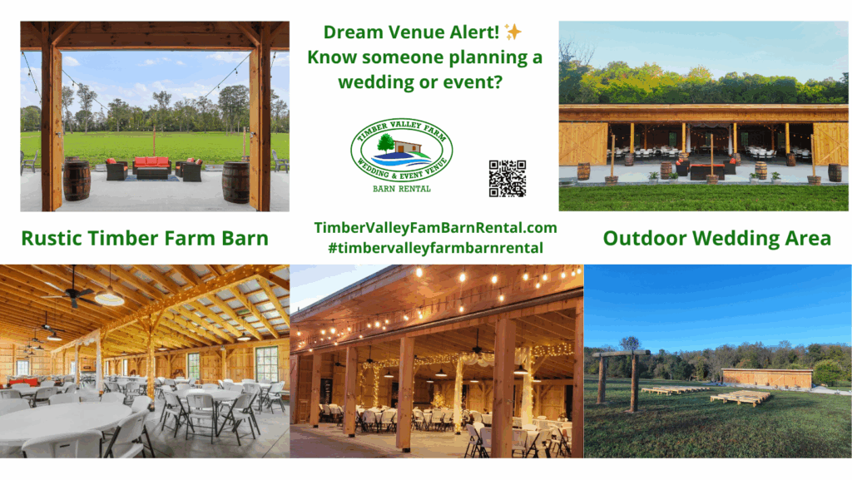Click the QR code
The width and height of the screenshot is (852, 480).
click(508, 178)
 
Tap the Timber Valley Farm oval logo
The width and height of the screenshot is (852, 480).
click(402, 151)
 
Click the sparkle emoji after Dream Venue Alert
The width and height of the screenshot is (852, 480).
click(513, 32)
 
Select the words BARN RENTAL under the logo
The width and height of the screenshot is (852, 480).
click(402, 189)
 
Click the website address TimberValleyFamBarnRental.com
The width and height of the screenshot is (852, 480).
click(435, 227)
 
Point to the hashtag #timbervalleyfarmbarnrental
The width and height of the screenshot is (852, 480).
click(435, 248)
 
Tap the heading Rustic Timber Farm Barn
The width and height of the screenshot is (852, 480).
click(145, 239)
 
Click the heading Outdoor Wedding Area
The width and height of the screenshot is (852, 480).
click(716, 239)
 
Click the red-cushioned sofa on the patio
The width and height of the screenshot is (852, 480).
click(152, 168)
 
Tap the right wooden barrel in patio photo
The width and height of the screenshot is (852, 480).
click(235, 182)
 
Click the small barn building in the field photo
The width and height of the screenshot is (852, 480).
click(766, 378)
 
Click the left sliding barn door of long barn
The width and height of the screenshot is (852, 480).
click(583, 143)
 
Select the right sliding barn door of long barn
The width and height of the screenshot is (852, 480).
click(830, 143)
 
